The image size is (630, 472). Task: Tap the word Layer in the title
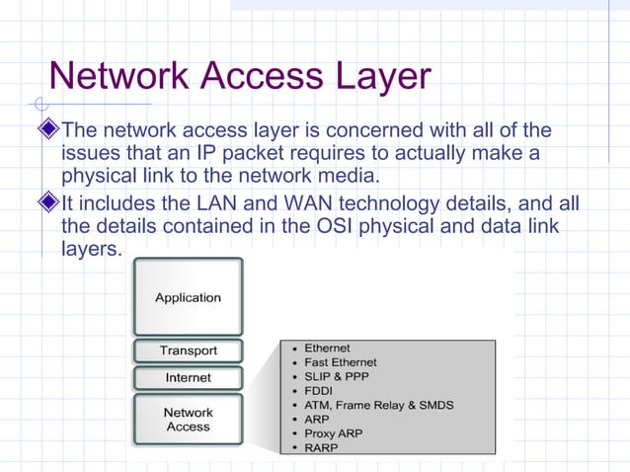pos(382,77)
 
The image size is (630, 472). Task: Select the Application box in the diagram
pos(188,297)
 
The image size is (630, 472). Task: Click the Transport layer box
pos(188,351)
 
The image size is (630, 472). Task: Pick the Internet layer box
pos(188,377)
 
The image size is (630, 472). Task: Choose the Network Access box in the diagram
pos(188,420)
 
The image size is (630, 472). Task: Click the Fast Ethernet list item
pos(341,362)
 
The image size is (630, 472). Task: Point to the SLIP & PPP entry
pos(335,376)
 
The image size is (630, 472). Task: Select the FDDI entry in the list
pos(319,391)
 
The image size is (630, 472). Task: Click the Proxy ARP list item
pos(334,433)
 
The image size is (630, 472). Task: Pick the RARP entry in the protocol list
pos(321,447)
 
